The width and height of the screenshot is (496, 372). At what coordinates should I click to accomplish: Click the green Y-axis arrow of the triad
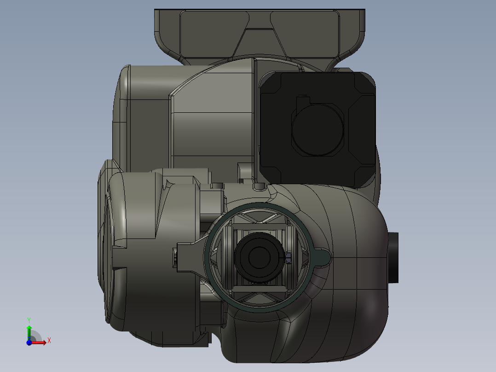(x=29, y=331)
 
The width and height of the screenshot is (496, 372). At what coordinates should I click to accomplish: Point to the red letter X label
(x=49, y=341)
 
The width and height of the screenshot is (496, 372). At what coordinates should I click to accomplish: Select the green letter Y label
(x=29, y=319)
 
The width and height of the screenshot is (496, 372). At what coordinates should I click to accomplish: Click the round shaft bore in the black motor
(x=318, y=129)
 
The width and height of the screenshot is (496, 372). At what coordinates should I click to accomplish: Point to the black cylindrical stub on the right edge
(x=393, y=258)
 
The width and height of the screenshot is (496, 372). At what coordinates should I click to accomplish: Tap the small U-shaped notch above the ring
(x=259, y=186)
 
